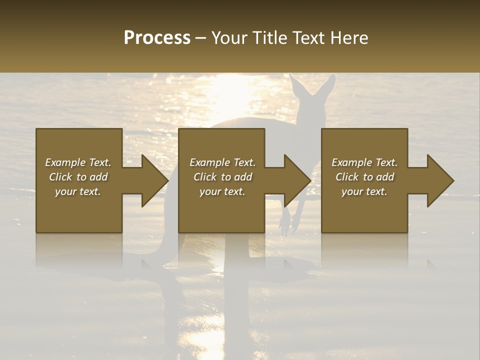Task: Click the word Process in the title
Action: click(x=157, y=38)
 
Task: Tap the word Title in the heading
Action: click(x=265, y=38)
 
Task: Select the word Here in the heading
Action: click(x=349, y=38)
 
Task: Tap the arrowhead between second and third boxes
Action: click(x=296, y=180)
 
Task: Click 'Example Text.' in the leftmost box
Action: click(x=78, y=162)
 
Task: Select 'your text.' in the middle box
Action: click(x=222, y=191)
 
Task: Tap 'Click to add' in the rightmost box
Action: click(x=364, y=177)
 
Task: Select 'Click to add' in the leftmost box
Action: click(x=78, y=177)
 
